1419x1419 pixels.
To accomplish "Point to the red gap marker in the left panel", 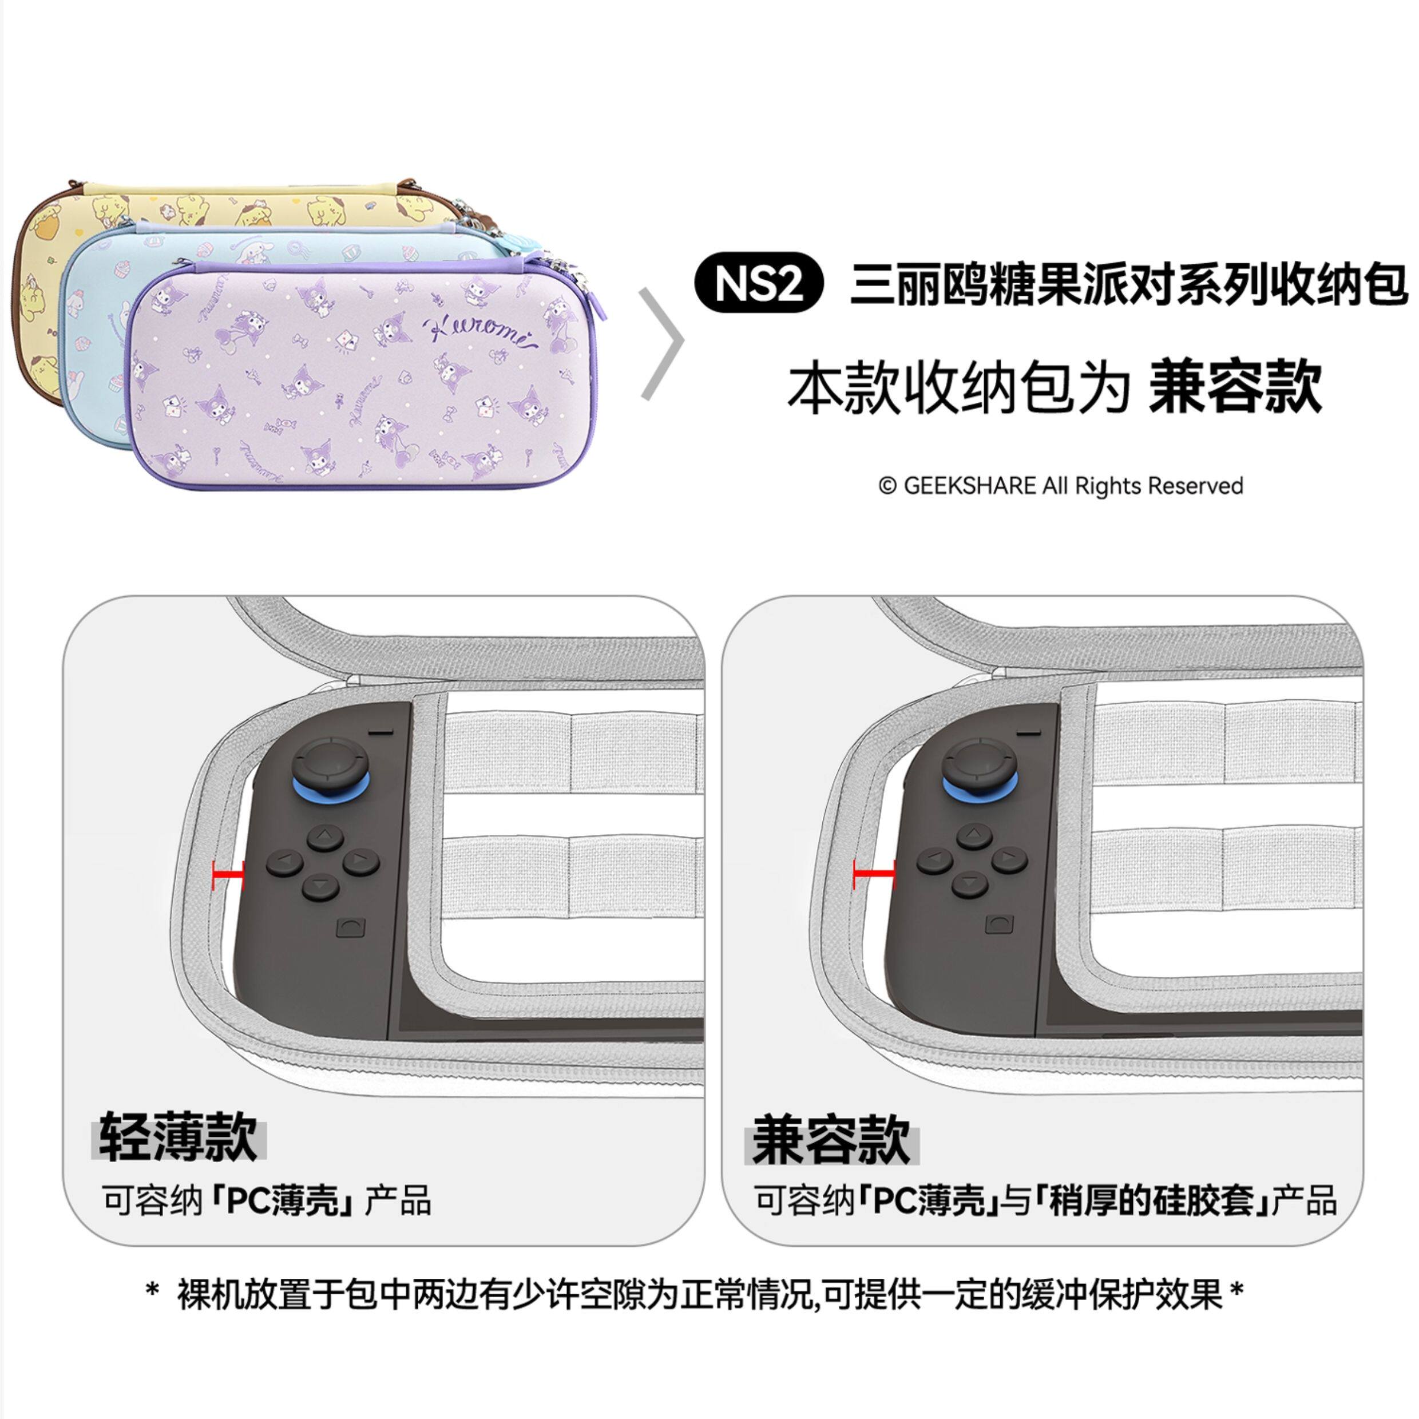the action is pyautogui.click(x=228, y=876).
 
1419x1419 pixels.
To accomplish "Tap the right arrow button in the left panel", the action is pyautogui.click(x=360, y=859).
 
